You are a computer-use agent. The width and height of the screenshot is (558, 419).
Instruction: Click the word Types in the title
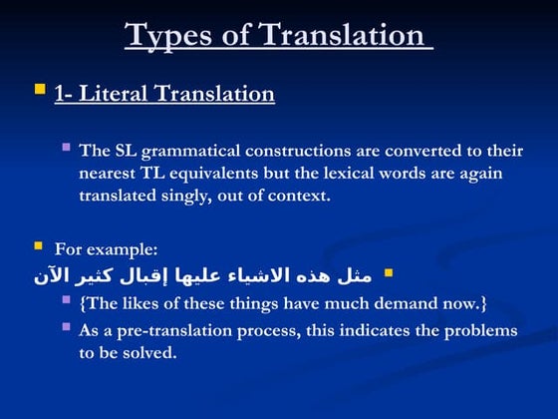point(171,35)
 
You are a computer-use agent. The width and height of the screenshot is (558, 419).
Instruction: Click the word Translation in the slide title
point(342,35)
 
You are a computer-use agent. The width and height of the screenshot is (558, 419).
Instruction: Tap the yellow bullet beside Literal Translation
point(40,90)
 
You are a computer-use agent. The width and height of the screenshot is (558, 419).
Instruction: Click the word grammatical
point(190,152)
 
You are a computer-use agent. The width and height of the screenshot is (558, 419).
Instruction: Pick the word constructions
point(299,152)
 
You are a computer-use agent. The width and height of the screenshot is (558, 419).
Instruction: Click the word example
point(123,249)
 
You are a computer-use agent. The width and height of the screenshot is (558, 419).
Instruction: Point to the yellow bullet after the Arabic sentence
point(389,271)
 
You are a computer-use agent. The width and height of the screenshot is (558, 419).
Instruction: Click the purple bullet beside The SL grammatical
point(66,147)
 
